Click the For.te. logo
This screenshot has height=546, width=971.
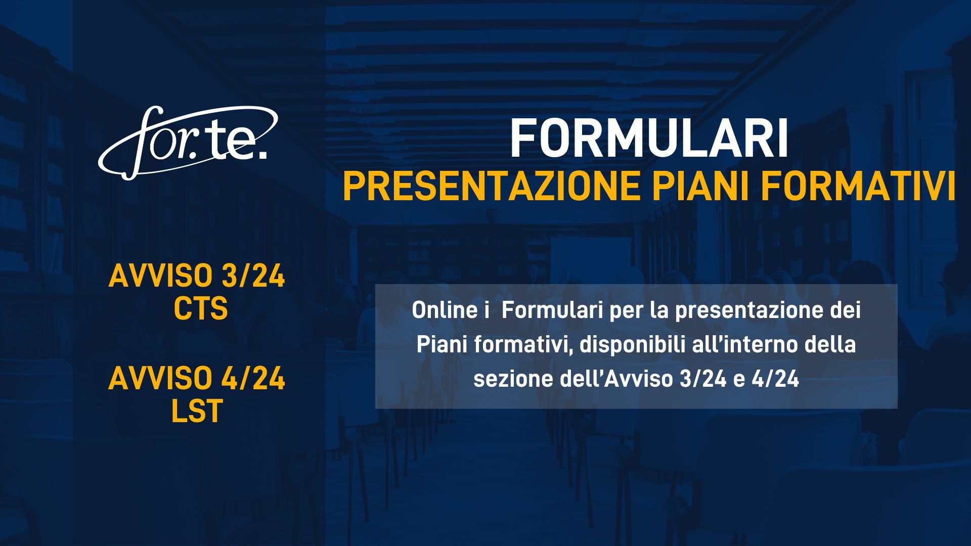coord(188,143)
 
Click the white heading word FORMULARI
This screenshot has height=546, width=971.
coord(649,139)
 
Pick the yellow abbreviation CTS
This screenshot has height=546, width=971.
coord(201,308)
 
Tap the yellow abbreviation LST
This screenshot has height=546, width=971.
coord(197,411)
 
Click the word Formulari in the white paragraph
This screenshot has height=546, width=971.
coord(552,310)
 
